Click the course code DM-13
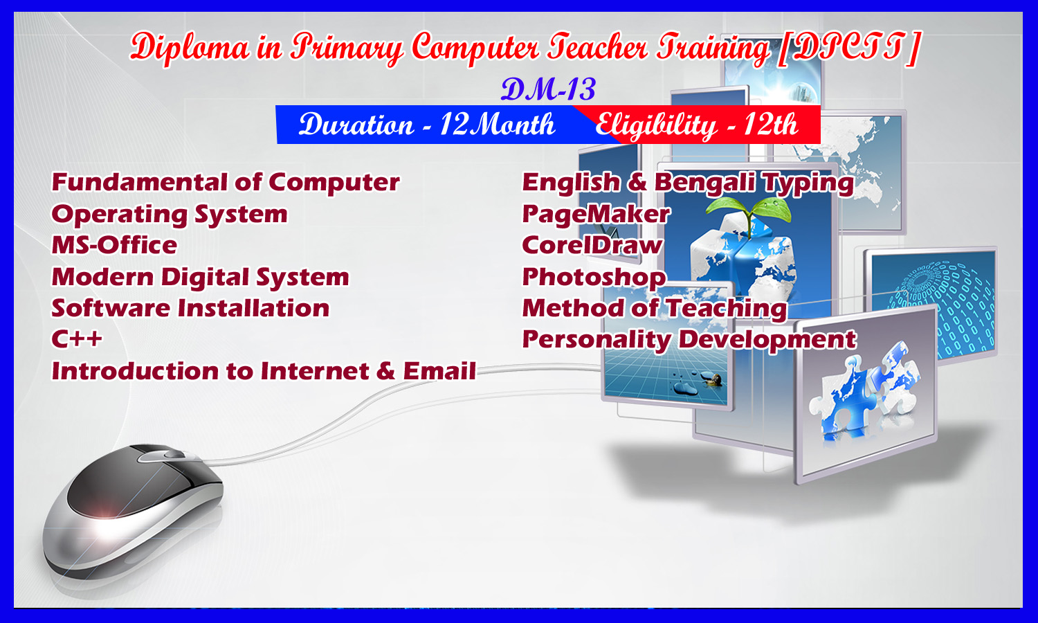[548, 89]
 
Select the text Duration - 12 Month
[426, 124]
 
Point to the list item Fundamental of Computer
[225, 181]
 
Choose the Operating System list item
[169, 215]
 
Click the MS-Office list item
[114, 245]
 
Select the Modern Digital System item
[200, 277]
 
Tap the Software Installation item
[190, 308]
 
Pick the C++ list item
[76, 339]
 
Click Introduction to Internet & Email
[263, 371]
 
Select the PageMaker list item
[596, 215]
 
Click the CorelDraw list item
[592, 245]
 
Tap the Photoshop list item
[594, 278]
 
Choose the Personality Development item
[689, 341]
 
